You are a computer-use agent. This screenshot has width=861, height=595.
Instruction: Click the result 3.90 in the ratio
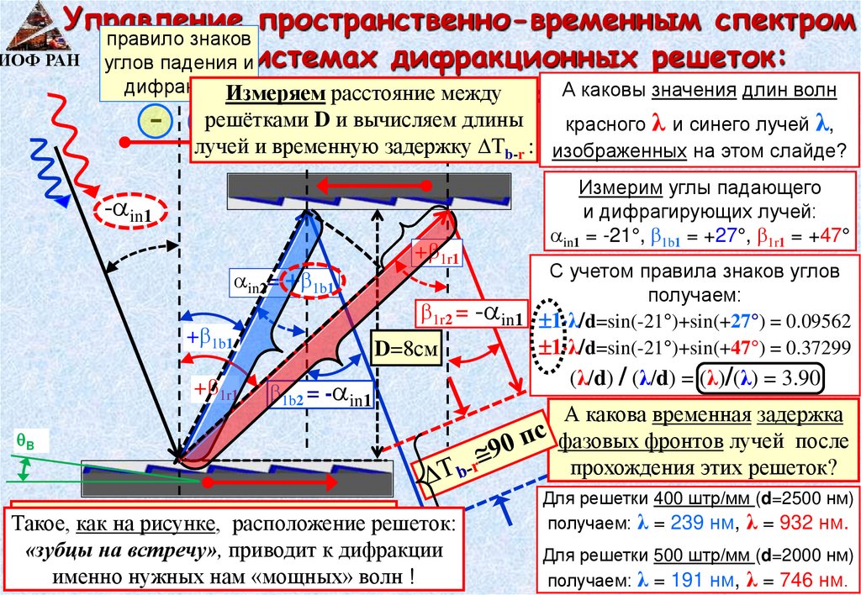[x=800, y=377]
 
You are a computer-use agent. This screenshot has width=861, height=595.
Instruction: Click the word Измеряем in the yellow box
[x=267, y=92]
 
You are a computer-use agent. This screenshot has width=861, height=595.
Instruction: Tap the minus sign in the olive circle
[x=156, y=123]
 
